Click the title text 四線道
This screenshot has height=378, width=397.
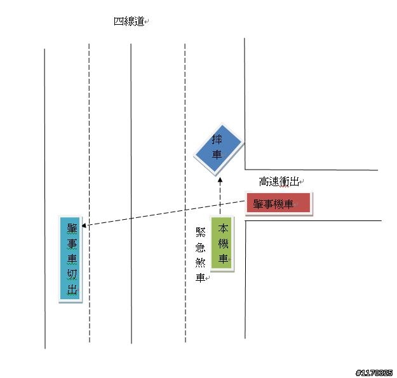point(129,22)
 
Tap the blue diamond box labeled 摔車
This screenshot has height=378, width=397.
point(219,149)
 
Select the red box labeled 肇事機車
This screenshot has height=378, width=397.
point(278,203)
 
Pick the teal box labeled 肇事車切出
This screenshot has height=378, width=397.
point(71,259)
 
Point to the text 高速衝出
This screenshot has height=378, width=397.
point(279,182)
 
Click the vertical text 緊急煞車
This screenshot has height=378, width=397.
point(200,255)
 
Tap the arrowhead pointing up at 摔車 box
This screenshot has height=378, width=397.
point(220,180)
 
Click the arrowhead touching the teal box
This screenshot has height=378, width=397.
point(84,226)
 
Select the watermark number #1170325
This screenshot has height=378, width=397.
point(374,373)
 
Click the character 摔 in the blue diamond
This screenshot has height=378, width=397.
point(217,139)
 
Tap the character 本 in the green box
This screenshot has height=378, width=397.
point(223,228)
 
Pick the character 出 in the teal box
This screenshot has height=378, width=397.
point(72,289)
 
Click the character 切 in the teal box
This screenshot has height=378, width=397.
point(72,274)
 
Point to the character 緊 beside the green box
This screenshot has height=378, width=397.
point(200,232)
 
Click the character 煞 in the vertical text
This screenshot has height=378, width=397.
point(200,263)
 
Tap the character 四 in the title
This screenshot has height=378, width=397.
point(119,22)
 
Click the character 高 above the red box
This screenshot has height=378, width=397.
point(264,182)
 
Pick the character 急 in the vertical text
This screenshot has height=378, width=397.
point(200,248)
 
